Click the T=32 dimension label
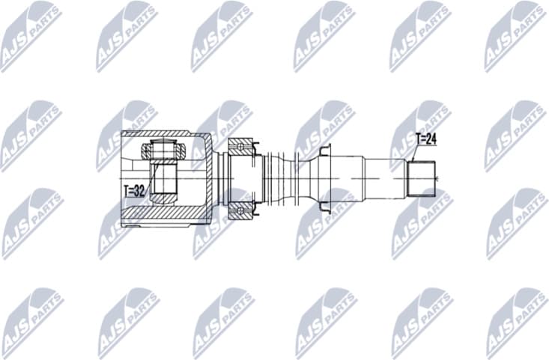133,192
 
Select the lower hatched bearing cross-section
241,211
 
